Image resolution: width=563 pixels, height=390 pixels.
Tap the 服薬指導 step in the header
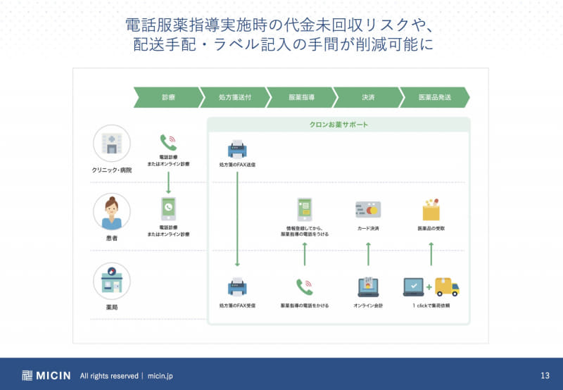(x=301, y=97)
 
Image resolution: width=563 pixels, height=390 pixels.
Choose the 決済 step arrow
(x=368, y=97)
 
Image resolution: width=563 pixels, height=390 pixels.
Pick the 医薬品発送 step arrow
(x=434, y=97)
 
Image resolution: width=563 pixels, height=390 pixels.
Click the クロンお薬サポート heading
(x=339, y=125)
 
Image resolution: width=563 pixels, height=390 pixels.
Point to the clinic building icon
(x=111, y=144)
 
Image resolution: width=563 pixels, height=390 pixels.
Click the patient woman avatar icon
(x=111, y=212)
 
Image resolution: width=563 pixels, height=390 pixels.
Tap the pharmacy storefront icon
(x=111, y=281)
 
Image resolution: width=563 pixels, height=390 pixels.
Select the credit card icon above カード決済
(x=367, y=210)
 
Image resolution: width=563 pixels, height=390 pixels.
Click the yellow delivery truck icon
(x=447, y=286)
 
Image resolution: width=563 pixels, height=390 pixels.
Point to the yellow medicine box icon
(x=431, y=209)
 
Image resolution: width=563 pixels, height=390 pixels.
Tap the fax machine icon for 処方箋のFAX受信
(x=237, y=286)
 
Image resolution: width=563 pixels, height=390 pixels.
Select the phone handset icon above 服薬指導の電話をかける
(x=304, y=286)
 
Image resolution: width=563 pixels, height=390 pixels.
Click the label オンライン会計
(x=368, y=306)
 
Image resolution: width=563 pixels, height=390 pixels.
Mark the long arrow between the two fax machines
(x=237, y=218)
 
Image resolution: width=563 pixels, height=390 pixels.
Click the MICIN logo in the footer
(x=46, y=375)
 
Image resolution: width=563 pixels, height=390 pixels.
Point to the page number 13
(x=545, y=375)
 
